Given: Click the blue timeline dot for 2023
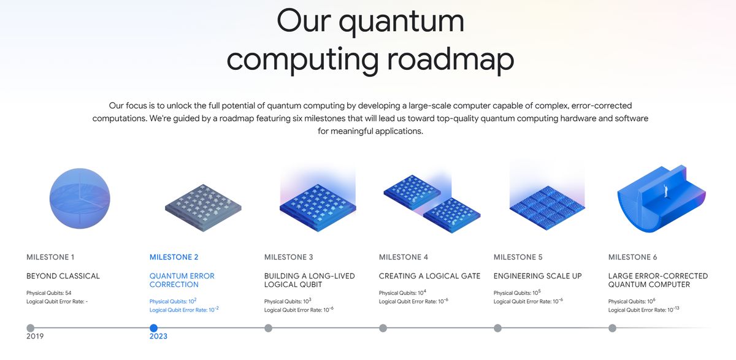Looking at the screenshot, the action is tap(153, 328).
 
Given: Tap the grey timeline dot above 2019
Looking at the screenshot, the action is tap(30, 328).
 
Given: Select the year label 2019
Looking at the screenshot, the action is tap(35, 336).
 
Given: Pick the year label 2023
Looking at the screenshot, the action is tap(158, 336).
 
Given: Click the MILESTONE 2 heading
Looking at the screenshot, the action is tap(174, 257).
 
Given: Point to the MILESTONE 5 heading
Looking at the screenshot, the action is tap(518, 257).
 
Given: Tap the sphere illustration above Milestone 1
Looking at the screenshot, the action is tap(80, 198).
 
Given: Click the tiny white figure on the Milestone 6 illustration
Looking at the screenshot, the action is tap(666, 191).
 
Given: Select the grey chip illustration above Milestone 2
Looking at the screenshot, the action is tap(203, 208).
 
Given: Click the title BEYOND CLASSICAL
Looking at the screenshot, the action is tap(63, 276).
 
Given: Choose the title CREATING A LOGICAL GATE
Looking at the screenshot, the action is tap(429, 276).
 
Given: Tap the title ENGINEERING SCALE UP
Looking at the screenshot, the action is tap(537, 276).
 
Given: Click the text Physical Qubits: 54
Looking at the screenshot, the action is tap(48, 293).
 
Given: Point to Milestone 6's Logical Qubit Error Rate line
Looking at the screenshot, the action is tap(643, 310).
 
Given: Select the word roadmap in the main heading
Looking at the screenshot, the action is tap(450, 59).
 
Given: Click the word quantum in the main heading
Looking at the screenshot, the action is tap(402, 22).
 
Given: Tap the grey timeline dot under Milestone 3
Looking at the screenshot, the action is tap(268, 328).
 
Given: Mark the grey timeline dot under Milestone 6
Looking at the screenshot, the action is tap(612, 328).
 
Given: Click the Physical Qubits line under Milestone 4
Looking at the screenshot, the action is tap(402, 293).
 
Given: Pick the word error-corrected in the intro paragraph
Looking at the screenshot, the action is tap(601, 105).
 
